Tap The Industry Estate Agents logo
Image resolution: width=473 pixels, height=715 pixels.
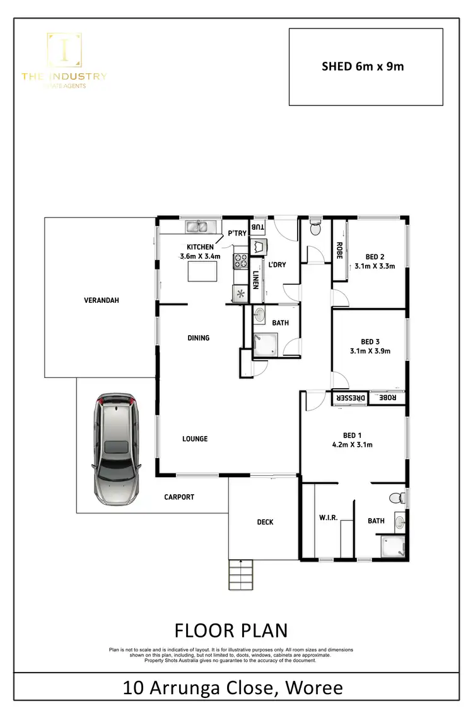pyautogui.click(x=64, y=61)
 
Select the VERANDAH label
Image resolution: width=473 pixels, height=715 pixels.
pyautogui.click(x=101, y=300)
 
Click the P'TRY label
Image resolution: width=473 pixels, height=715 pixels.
pyautogui.click(x=237, y=233)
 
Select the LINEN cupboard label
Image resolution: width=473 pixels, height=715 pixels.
pyautogui.click(x=255, y=280)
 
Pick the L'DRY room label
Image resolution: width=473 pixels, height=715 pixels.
pyautogui.click(x=277, y=264)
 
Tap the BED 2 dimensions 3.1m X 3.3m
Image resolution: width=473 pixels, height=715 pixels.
pyautogui.click(x=375, y=266)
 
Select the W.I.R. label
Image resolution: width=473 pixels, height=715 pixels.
pyautogui.click(x=329, y=517)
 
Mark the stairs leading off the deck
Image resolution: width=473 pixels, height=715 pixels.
pyautogui.click(x=242, y=575)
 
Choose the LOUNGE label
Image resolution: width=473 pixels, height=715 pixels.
pyautogui.click(x=195, y=439)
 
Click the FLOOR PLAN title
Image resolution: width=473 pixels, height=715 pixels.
pyautogui.click(x=231, y=630)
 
